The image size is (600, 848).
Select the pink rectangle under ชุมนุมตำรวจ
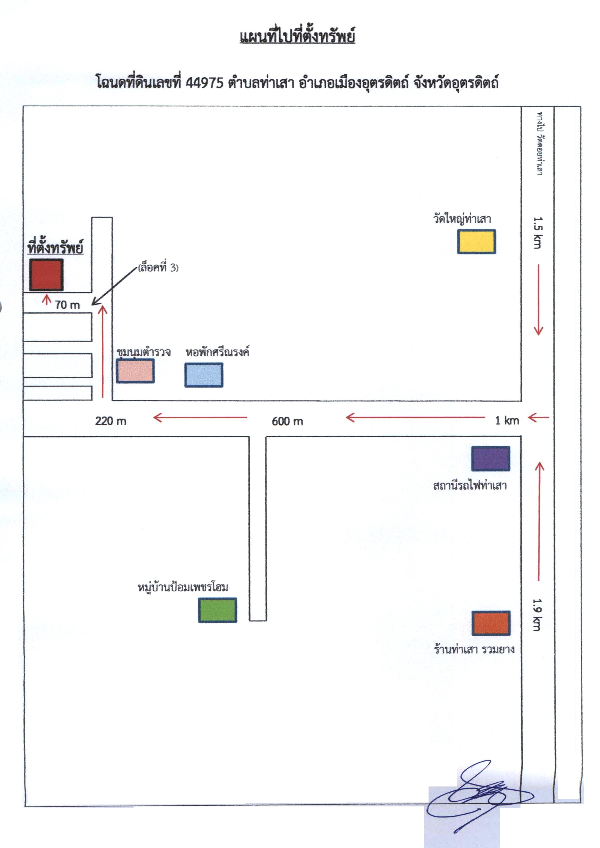point(135,371)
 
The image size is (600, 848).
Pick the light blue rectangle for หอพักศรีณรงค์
point(204,375)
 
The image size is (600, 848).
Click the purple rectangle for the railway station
point(491,459)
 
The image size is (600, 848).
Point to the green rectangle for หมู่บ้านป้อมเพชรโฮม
point(218,610)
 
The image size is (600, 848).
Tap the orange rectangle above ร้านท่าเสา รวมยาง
point(491,623)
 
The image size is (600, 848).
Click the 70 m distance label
point(67,305)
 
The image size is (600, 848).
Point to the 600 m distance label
point(288,421)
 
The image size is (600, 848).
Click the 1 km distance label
point(507,420)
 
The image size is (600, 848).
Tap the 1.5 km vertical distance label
point(538,233)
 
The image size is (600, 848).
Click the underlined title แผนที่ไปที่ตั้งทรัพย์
point(298,37)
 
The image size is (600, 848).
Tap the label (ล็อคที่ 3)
point(158,267)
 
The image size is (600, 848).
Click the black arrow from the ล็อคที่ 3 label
point(114,286)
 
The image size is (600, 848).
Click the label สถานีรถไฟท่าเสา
point(470,485)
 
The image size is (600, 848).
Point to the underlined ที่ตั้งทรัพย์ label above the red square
point(55,247)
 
